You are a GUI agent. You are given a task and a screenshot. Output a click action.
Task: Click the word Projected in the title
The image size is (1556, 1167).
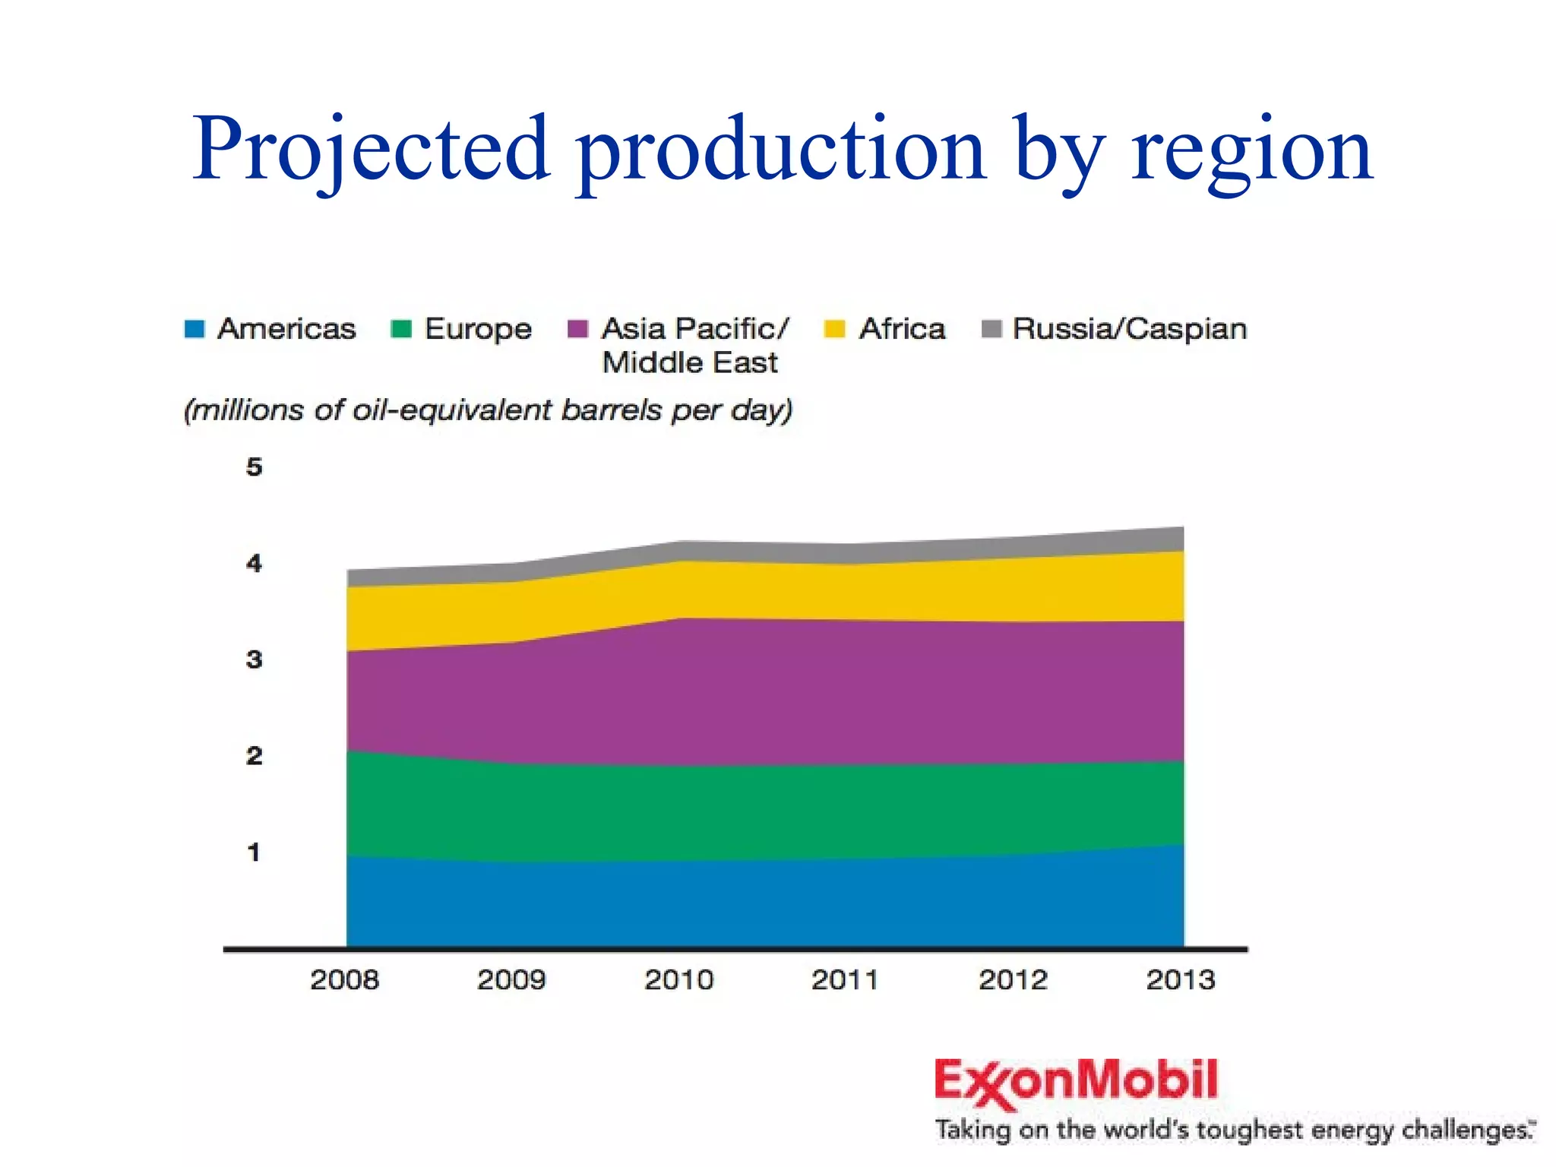pyautogui.click(x=371, y=149)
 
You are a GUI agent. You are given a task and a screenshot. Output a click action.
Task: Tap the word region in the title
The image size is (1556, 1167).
pyautogui.click(x=1251, y=149)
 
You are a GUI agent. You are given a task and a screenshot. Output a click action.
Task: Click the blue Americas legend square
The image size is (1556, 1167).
pyautogui.click(x=194, y=329)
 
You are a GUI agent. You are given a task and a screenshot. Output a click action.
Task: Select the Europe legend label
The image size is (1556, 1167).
pyautogui.click(x=478, y=329)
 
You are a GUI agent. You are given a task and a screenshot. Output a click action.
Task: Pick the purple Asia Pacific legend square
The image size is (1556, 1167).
pyautogui.click(x=578, y=329)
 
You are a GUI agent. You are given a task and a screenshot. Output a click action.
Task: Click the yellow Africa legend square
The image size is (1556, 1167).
pyautogui.click(x=834, y=329)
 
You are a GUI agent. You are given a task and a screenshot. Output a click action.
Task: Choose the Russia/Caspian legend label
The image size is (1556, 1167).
pyautogui.click(x=1130, y=329)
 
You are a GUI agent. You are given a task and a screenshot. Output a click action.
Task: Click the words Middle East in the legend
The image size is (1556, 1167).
pyautogui.click(x=689, y=362)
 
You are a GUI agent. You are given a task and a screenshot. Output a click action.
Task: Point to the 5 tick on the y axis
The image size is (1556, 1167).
pyautogui.click(x=254, y=466)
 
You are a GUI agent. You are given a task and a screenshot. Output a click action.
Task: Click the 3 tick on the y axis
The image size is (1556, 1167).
pyautogui.click(x=254, y=659)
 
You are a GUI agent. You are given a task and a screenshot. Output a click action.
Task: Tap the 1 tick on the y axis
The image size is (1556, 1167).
pyautogui.click(x=254, y=852)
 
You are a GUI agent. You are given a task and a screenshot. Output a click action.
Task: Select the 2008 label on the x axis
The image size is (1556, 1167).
pyautogui.click(x=344, y=979)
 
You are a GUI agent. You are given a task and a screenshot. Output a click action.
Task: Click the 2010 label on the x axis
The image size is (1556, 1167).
pyautogui.click(x=678, y=979)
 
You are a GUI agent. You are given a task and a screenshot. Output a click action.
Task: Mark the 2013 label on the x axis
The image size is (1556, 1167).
pyautogui.click(x=1180, y=979)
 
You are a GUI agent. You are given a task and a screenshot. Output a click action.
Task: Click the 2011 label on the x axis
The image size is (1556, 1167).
pyautogui.click(x=845, y=979)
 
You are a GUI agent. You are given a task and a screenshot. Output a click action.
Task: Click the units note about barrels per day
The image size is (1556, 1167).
pyautogui.click(x=488, y=410)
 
